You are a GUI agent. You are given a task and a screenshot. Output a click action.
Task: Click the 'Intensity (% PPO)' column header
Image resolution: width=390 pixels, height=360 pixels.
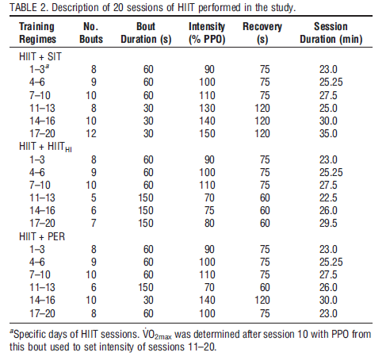point(207,33)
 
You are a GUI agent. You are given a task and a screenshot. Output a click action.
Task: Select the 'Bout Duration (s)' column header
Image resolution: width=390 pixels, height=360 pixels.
point(146,33)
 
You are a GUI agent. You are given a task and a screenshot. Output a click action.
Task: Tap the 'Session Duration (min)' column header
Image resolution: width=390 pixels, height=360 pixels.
point(331,33)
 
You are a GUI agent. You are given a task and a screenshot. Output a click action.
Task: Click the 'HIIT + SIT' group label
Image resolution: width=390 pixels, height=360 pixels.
point(40,56)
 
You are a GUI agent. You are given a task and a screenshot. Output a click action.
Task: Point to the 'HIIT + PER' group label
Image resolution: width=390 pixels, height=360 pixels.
point(42,236)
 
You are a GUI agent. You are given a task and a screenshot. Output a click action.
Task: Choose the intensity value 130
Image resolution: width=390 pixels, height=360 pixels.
point(207,108)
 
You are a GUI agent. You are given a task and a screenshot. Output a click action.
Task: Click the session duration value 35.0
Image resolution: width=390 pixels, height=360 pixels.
point(328,133)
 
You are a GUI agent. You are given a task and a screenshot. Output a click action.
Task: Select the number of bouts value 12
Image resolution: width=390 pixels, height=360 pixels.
point(91,133)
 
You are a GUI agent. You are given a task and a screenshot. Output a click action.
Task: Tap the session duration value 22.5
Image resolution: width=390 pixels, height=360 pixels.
point(328,197)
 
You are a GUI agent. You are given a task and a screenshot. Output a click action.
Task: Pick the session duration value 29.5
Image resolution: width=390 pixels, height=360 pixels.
point(328,223)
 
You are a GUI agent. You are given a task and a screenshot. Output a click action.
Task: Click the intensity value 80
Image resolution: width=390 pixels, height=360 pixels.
point(209,223)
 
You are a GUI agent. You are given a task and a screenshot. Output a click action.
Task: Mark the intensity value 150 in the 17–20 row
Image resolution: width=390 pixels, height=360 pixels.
point(207,133)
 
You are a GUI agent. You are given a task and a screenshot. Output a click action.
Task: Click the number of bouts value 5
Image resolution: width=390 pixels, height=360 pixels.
point(94,197)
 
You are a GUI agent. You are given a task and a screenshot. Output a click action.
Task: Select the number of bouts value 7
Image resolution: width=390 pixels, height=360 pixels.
point(94,223)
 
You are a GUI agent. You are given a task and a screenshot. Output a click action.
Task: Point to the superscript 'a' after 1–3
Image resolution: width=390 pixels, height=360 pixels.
point(47,66)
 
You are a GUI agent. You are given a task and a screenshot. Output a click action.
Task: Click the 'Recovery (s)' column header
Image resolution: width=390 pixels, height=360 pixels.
point(262,33)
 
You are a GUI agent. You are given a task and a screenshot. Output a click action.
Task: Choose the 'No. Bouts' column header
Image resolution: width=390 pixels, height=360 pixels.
point(91,33)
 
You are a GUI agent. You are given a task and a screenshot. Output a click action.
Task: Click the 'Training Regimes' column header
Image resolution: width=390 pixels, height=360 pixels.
point(37,33)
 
